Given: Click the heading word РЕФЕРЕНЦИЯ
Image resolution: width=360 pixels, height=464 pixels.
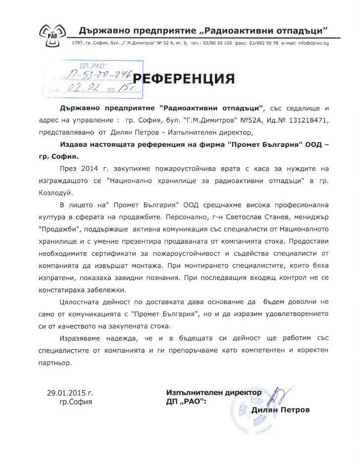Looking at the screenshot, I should click(x=184, y=78).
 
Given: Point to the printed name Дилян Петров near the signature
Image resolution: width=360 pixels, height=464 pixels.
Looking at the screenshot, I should click(x=280, y=410).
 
